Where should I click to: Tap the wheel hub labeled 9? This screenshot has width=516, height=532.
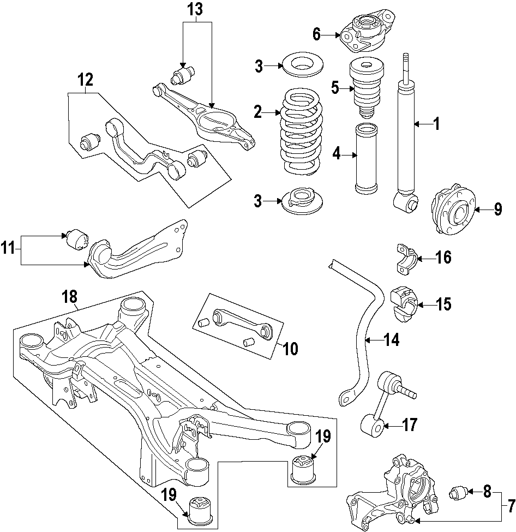(x=452, y=210)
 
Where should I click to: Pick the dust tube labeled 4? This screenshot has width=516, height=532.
(x=365, y=159)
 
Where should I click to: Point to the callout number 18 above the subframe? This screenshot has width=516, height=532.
(x=69, y=297)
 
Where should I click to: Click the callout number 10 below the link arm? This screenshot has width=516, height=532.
(x=290, y=349)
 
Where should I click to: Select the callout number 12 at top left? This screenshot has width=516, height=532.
(x=84, y=80)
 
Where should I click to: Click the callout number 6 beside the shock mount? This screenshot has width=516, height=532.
(x=317, y=34)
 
